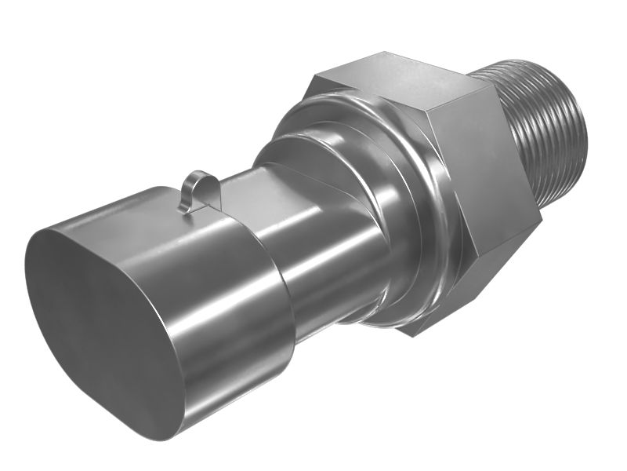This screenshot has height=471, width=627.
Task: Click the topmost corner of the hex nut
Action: coord(384,53)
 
